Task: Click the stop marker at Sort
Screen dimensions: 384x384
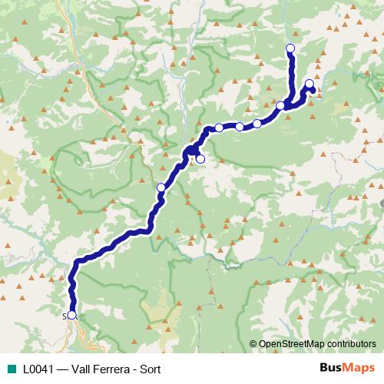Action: pos(72,315)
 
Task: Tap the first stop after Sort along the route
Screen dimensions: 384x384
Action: pos(161,187)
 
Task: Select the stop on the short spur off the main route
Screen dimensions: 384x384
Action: pos(200,159)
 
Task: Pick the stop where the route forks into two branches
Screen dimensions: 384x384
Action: pos(280,106)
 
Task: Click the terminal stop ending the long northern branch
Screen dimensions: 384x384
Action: pos(290,49)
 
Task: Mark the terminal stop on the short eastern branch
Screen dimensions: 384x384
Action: pos(310,84)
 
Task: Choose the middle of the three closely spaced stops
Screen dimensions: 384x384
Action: pos(239,127)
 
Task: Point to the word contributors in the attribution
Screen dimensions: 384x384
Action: pos(349,344)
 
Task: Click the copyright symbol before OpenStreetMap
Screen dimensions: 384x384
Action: pos(253,344)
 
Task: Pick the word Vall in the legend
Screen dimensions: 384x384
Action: pos(80,369)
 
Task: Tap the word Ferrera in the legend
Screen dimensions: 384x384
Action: pos(112,369)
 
